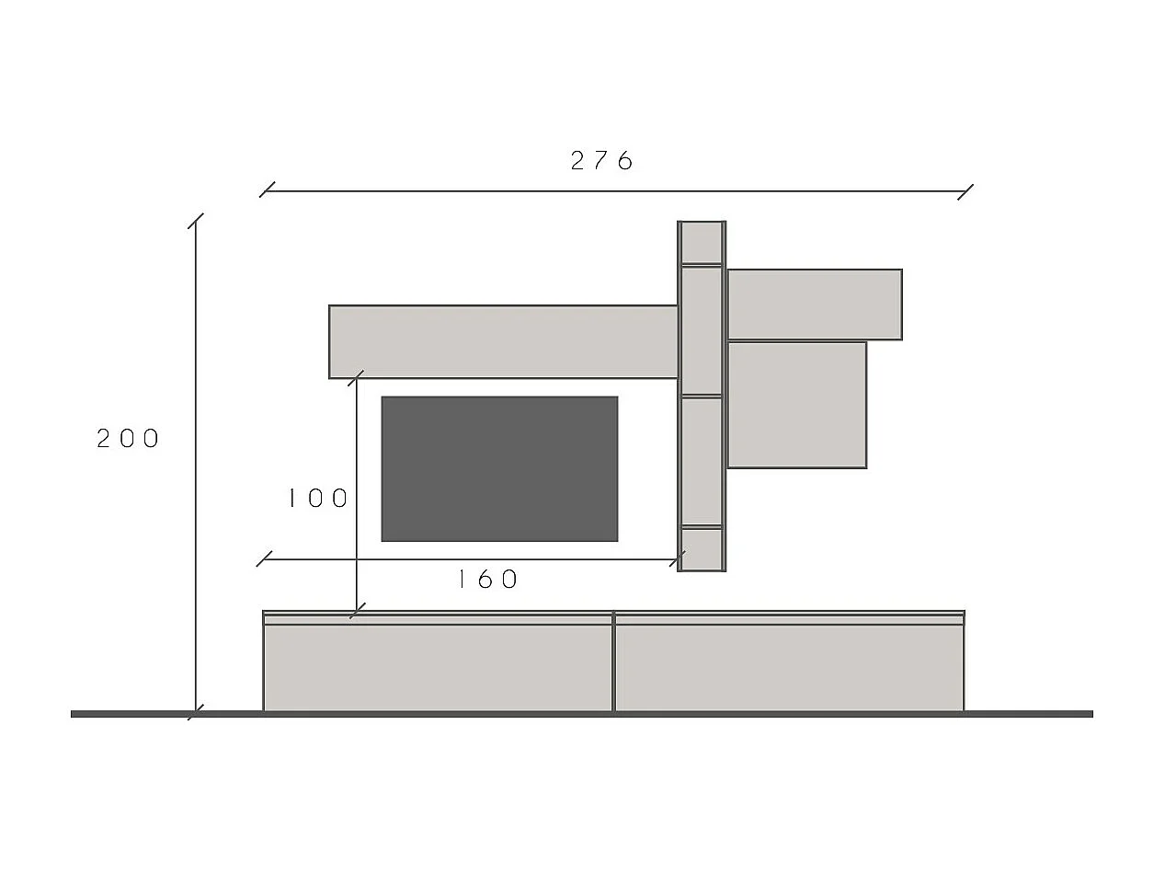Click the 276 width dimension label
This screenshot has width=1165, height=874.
point(602,161)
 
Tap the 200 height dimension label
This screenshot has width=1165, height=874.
point(129,439)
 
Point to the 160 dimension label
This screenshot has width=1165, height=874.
point(488,579)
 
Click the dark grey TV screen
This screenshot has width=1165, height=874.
point(499,468)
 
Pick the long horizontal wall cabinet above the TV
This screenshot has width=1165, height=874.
point(504,341)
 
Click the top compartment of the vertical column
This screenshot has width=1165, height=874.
point(702,243)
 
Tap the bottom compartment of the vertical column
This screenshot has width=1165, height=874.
point(702,548)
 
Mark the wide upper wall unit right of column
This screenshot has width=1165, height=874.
point(814,305)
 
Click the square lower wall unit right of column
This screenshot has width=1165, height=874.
point(797,405)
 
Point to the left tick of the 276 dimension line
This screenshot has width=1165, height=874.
point(267,190)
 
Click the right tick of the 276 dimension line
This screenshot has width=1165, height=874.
point(965,191)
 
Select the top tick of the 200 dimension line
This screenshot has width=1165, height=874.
point(195,221)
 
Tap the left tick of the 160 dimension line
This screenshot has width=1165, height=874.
point(264,558)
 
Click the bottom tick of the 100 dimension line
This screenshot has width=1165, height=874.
point(357,611)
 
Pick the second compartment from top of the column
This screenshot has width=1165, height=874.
point(702,330)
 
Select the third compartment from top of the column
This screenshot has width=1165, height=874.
point(702,461)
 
